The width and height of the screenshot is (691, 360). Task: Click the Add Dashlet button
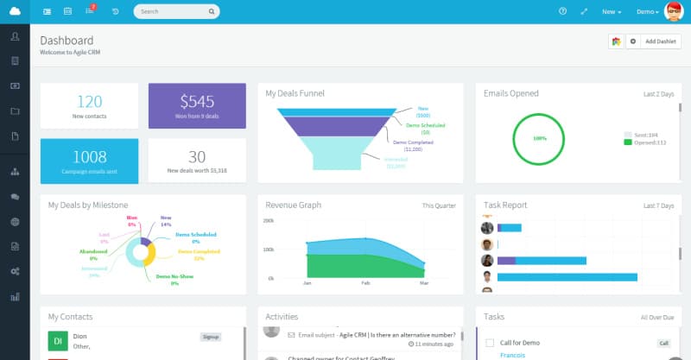[x=662, y=41]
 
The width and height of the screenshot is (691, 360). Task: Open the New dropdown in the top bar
[x=612, y=12]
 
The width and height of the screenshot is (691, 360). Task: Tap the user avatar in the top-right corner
[x=674, y=11]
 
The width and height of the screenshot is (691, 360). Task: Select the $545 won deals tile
[x=197, y=105]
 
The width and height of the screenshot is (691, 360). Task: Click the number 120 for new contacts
[x=89, y=101]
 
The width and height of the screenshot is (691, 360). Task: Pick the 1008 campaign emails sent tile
[x=89, y=160]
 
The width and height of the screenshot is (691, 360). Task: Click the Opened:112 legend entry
[x=647, y=142]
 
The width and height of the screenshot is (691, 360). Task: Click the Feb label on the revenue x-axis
[x=365, y=283]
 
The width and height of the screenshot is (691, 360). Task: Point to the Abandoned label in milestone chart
[x=92, y=251]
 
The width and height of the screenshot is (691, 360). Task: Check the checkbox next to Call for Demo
[x=490, y=343]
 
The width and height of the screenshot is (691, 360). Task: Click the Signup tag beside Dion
[x=211, y=337]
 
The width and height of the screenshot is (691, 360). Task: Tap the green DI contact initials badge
[x=57, y=341]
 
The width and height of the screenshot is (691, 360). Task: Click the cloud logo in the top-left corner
[x=15, y=11]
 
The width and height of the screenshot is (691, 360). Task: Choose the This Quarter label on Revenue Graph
[x=439, y=205]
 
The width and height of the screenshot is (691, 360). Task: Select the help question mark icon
[x=562, y=11]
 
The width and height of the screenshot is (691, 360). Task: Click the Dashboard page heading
[x=67, y=41]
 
